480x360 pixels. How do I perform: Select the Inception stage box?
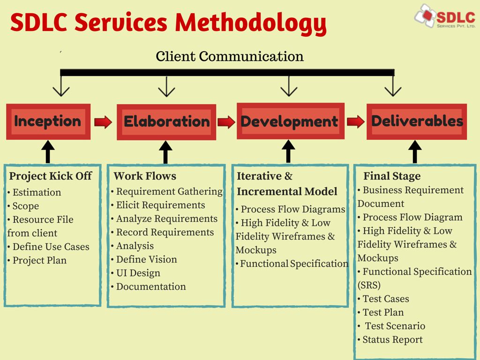point(48,121)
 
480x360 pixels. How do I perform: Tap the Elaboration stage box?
point(166,122)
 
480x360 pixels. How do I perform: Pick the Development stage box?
point(290,121)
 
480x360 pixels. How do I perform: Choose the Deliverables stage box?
point(417,121)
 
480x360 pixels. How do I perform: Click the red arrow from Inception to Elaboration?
point(103,122)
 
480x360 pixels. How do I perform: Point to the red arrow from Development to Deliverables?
point(356,122)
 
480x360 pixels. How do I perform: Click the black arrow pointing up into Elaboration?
point(165,152)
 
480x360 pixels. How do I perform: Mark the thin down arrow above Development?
point(289,86)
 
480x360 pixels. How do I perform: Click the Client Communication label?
point(230,57)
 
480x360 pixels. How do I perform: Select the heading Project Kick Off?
point(51,176)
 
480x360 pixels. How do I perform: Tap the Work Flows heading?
point(145,176)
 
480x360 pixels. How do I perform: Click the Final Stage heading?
point(392,176)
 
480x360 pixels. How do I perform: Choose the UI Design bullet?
point(138,273)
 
